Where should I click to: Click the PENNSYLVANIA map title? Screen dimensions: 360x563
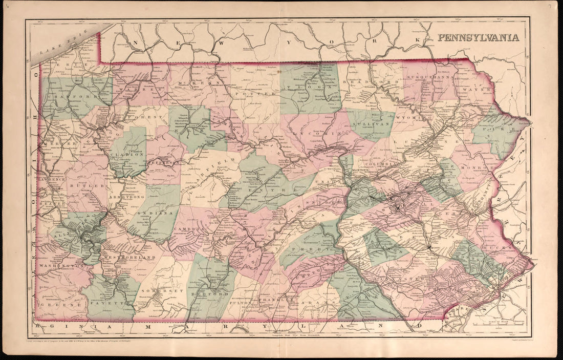click(478, 37)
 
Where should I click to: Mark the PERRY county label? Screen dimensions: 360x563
click(307, 248)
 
